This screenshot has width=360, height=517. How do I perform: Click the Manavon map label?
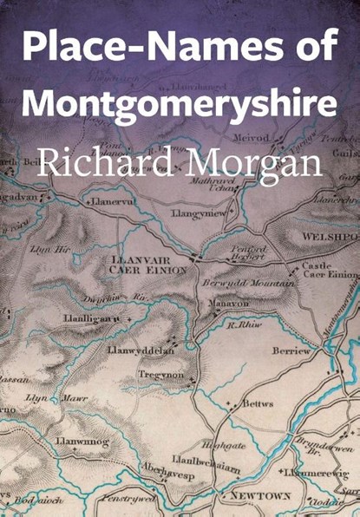click(228, 304)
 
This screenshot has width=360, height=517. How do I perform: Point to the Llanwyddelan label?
click(141, 350)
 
